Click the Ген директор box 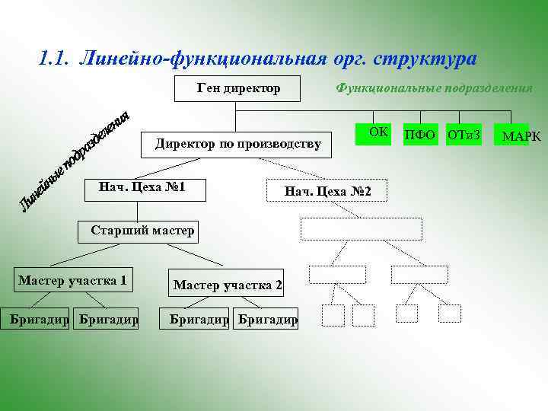[239, 88]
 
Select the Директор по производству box [237, 142]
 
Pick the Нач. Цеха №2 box [327, 190]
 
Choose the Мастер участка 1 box [72, 280]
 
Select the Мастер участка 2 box [228, 285]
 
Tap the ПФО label [419, 135]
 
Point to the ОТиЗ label [464, 135]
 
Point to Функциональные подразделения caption [434, 88]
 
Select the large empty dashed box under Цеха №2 [362, 228]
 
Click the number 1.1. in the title [56, 58]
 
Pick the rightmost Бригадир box [267, 319]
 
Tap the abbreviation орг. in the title [349, 58]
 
